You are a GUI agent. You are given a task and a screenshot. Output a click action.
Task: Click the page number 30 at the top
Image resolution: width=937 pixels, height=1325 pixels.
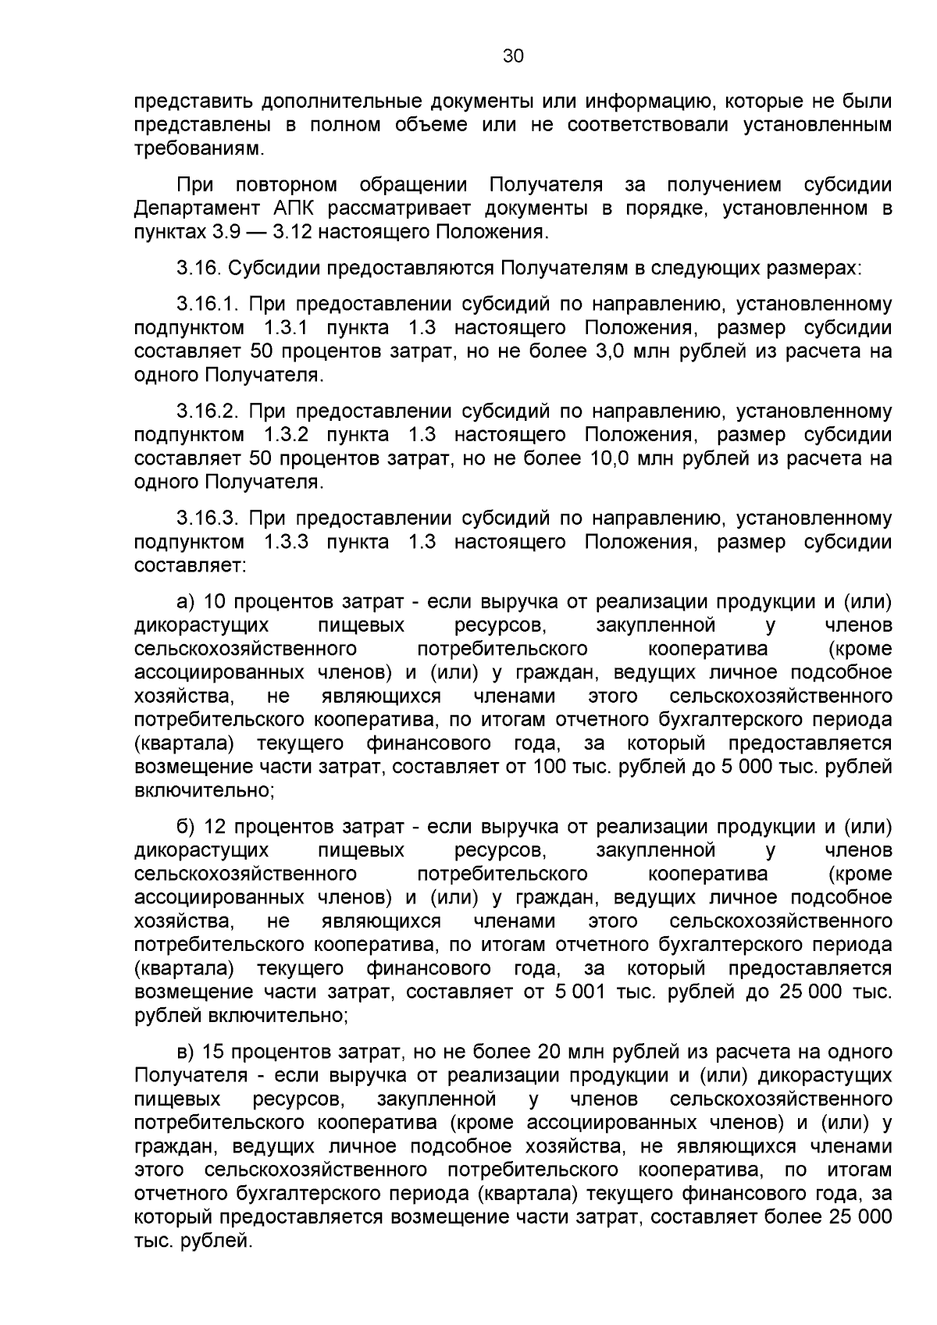513,56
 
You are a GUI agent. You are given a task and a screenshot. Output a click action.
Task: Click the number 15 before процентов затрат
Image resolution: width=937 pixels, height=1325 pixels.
214,1051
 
